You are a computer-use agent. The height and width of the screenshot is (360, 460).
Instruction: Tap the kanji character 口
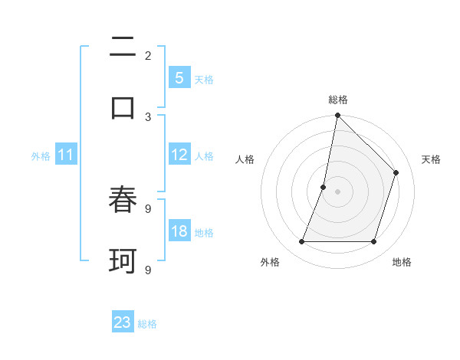coord(123,108)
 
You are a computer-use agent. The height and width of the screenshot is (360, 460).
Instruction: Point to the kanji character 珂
coord(123,261)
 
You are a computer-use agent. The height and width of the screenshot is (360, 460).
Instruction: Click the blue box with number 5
coord(179,77)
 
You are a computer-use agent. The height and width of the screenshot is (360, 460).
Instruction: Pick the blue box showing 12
coord(179,155)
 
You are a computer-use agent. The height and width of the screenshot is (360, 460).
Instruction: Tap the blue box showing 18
coord(179,231)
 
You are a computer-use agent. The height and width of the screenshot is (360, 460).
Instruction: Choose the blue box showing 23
coord(123,322)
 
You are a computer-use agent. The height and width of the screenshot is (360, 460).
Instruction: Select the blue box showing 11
coord(66,155)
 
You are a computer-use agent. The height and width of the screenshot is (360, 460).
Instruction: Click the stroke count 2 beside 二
coord(148,56)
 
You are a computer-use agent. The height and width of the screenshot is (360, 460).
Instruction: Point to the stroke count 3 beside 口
coord(148,116)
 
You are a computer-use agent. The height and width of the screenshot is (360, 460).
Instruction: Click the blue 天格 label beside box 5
coord(204,79)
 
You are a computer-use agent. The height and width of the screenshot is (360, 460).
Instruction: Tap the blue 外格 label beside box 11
coord(41,155)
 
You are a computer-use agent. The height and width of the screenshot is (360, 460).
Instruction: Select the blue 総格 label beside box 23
coord(147,324)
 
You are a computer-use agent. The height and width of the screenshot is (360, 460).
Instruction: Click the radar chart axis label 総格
coord(337,100)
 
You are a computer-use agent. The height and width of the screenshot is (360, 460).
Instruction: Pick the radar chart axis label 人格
coord(245,159)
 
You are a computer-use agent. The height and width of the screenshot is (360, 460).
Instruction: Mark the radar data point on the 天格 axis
coord(396,172)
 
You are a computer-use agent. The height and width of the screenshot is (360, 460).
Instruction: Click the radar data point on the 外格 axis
coord(301,242)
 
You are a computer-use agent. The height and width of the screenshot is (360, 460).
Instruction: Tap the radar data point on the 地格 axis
coord(374,242)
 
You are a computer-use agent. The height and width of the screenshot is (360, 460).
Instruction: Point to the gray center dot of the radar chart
coord(337,191)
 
